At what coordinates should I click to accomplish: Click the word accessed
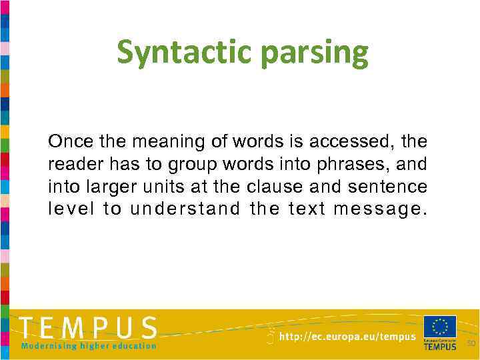click(x=353, y=141)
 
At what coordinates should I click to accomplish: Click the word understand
click(x=185, y=209)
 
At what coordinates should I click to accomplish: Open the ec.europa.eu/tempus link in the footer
click(x=347, y=337)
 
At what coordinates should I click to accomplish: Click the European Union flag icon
click(x=440, y=327)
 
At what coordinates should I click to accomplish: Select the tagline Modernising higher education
click(x=89, y=346)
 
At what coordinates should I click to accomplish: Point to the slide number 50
click(x=471, y=343)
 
